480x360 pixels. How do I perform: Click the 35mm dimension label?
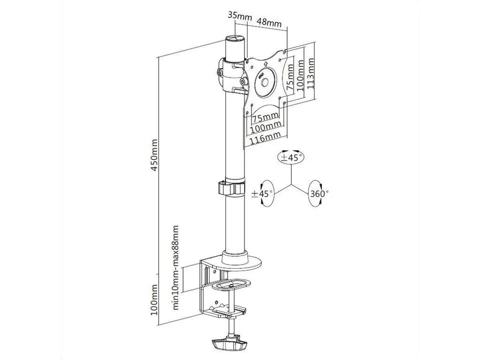click(x=239, y=16)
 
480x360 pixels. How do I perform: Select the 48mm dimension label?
click(x=269, y=23)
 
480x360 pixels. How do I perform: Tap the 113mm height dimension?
click(x=311, y=72)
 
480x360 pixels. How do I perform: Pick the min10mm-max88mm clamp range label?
click(x=175, y=268)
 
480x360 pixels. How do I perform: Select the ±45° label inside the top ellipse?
click(x=292, y=157)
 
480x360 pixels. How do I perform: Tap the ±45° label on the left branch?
click(x=262, y=193)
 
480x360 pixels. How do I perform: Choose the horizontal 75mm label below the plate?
click(x=265, y=118)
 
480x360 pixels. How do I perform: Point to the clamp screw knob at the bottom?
click(x=228, y=345)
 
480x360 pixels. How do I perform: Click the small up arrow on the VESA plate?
click(x=264, y=63)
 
